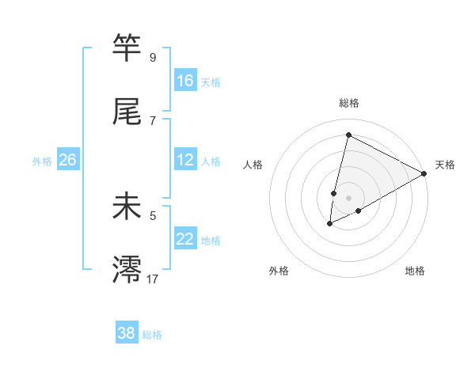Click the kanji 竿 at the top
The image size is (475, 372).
click(127, 48)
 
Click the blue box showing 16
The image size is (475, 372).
click(185, 81)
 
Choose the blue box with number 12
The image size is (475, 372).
click(185, 161)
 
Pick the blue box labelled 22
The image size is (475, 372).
click(185, 239)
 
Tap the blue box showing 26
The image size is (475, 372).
click(67, 161)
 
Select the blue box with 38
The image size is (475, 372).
click(127, 333)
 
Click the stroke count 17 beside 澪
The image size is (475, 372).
click(152, 278)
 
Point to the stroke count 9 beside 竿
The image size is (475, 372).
click(153, 57)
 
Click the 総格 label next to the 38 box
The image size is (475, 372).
click(152, 335)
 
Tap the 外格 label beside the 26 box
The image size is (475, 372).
click(42, 161)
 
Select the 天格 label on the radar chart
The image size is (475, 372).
click(445, 165)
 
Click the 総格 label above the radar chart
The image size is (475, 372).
click(349, 103)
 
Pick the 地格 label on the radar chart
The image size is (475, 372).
click(415, 271)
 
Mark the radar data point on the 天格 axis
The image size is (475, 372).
click(424, 173)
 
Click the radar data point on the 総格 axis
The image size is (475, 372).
click(348, 135)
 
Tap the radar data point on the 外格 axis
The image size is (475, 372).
click(330, 224)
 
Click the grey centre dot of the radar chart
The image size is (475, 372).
click(349, 197)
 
